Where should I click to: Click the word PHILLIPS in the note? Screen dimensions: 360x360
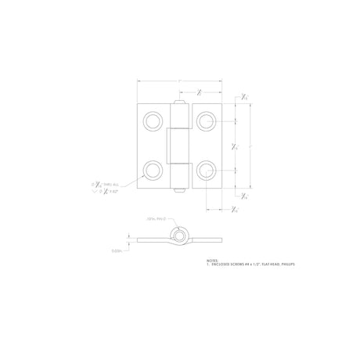coord(285,265)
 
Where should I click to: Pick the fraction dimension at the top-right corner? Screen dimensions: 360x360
coord(245,96)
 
